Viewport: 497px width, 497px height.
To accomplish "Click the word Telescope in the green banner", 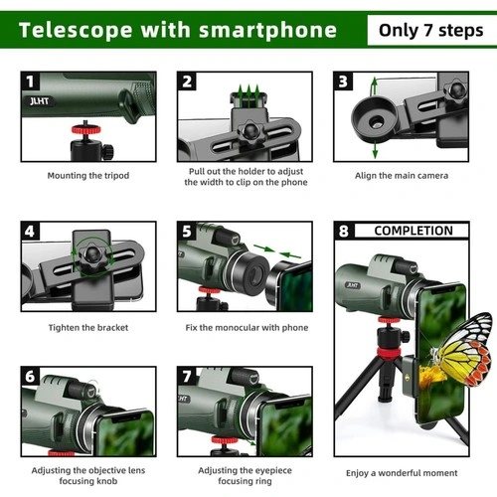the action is click(x=76, y=31).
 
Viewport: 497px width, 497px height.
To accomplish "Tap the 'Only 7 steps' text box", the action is click(x=431, y=30).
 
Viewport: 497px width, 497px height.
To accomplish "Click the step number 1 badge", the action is click(x=30, y=82).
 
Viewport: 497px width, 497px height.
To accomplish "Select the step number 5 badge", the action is click(x=187, y=231).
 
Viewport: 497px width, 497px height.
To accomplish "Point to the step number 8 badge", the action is click(x=344, y=231).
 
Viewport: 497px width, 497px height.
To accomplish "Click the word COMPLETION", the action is click(x=414, y=231).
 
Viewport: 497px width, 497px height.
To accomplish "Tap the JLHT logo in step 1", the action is click(x=40, y=100).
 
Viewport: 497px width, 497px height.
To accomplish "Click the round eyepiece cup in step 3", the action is click(x=375, y=119).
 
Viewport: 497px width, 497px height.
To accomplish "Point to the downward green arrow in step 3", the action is click(x=375, y=150).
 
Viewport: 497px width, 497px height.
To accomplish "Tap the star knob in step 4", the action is click(x=92, y=255).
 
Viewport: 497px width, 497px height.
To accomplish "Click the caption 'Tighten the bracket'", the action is click(x=88, y=328).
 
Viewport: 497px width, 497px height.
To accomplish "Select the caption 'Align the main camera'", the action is click(x=402, y=176).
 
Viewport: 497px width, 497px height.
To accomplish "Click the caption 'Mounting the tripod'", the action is click(x=88, y=176).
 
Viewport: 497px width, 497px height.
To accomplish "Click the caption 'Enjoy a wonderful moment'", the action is click(x=402, y=473).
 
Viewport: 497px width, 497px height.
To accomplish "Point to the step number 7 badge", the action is click(x=187, y=376).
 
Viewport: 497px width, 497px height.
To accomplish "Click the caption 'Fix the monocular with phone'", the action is click(x=247, y=328).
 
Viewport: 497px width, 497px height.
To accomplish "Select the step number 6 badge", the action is click(x=30, y=376).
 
